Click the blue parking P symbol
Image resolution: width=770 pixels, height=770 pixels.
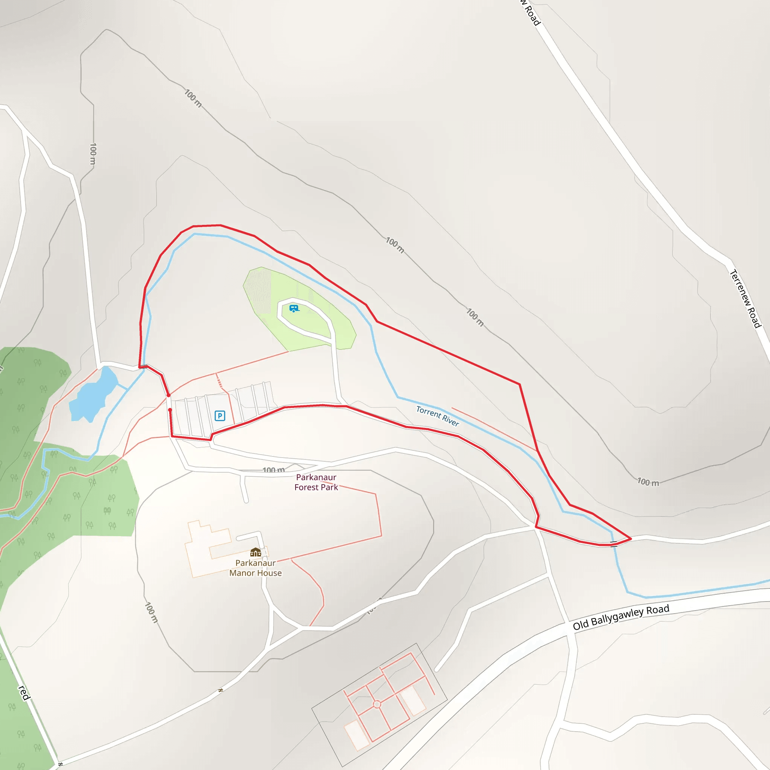tap(220, 416)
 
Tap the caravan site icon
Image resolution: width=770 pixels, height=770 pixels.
tap(294, 308)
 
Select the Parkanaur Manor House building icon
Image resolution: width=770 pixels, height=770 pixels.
tap(255, 552)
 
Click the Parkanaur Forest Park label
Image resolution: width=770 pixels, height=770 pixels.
tap(316, 482)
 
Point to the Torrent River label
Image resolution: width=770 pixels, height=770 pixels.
tap(437, 416)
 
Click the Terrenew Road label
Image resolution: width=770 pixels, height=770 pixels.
tap(745, 299)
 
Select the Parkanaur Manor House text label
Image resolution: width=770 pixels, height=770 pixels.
tap(255, 568)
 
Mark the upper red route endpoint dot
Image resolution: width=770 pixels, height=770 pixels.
tap(168, 396)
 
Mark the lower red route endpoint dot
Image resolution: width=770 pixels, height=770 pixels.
tap(170, 410)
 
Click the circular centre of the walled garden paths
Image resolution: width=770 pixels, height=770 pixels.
tap(377, 705)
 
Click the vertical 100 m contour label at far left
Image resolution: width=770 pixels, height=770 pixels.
tap(93, 154)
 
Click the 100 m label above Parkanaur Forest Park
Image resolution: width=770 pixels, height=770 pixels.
tap(274, 470)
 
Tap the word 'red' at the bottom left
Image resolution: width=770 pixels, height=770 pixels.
tap(24, 693)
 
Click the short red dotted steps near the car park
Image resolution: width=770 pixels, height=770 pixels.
tap(219, 382)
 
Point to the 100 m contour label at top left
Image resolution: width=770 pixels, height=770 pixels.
tap(193, 98)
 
